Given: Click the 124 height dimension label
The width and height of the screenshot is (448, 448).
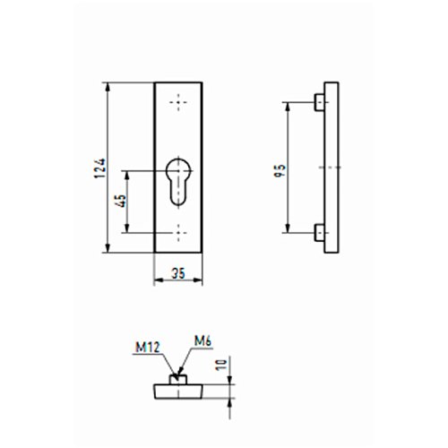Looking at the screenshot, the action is tap(100, 168).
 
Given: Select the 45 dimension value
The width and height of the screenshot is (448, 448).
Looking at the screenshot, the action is tap(122, 201).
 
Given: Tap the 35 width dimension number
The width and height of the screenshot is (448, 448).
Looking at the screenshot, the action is tap(178, 273).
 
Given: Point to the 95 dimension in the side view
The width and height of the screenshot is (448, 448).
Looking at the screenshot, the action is tap(280, 170).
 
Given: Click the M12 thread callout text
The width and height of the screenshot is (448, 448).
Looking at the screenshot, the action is tap(148, 348).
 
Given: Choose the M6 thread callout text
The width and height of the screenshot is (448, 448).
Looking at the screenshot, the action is tap(203, 341).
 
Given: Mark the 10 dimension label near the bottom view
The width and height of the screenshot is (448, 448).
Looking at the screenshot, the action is tap(221, 365).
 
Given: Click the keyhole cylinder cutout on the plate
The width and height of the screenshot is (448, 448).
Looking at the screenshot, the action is tap(178, 182).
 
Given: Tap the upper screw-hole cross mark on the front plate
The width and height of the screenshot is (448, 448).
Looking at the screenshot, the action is tap(178, 103).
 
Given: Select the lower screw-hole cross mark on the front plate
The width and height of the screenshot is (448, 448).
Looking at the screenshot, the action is tap(178, 233).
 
